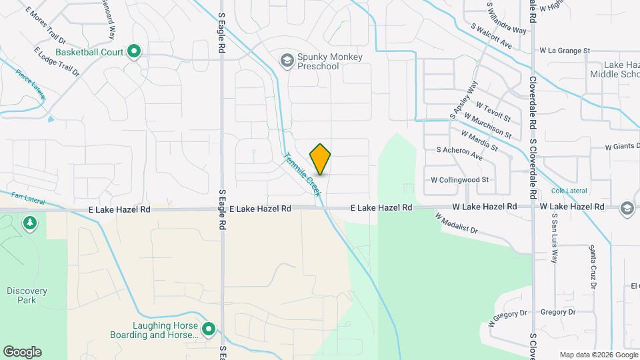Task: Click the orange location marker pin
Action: coord(321,159)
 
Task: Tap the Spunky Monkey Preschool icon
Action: coord(287,61)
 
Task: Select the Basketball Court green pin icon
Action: coord(134,51)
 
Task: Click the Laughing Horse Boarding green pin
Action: coord(209,329)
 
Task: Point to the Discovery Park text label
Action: coord(27,295)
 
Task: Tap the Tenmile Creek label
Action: coord(303,175)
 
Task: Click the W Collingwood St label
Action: coord(460,180)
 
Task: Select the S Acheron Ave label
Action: coord(459,153)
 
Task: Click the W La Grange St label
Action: coord(565,50)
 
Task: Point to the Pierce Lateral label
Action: coord(31,86)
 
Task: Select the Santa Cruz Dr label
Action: coord(592,267)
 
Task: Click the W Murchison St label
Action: coord(488,125)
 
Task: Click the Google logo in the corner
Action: coord(22,352)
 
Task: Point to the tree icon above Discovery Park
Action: coord(29,222)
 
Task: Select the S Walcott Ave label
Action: coord(491,37)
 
